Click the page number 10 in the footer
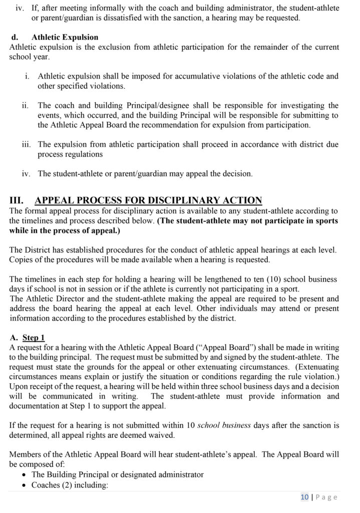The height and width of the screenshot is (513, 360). tap(304, 497)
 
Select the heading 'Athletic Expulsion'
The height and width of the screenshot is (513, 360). tap(65, 38)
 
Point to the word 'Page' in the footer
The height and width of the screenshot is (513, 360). tap(326, 497)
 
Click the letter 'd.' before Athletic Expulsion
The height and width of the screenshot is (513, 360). tap(15, 38)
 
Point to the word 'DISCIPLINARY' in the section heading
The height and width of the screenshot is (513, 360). tap(180, 200)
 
